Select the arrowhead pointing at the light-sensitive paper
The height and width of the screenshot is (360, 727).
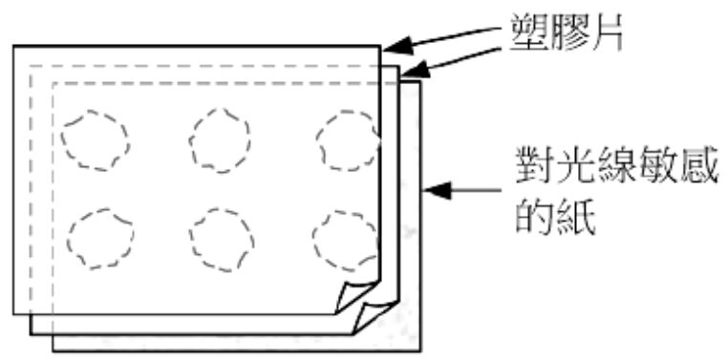(435, 190)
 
